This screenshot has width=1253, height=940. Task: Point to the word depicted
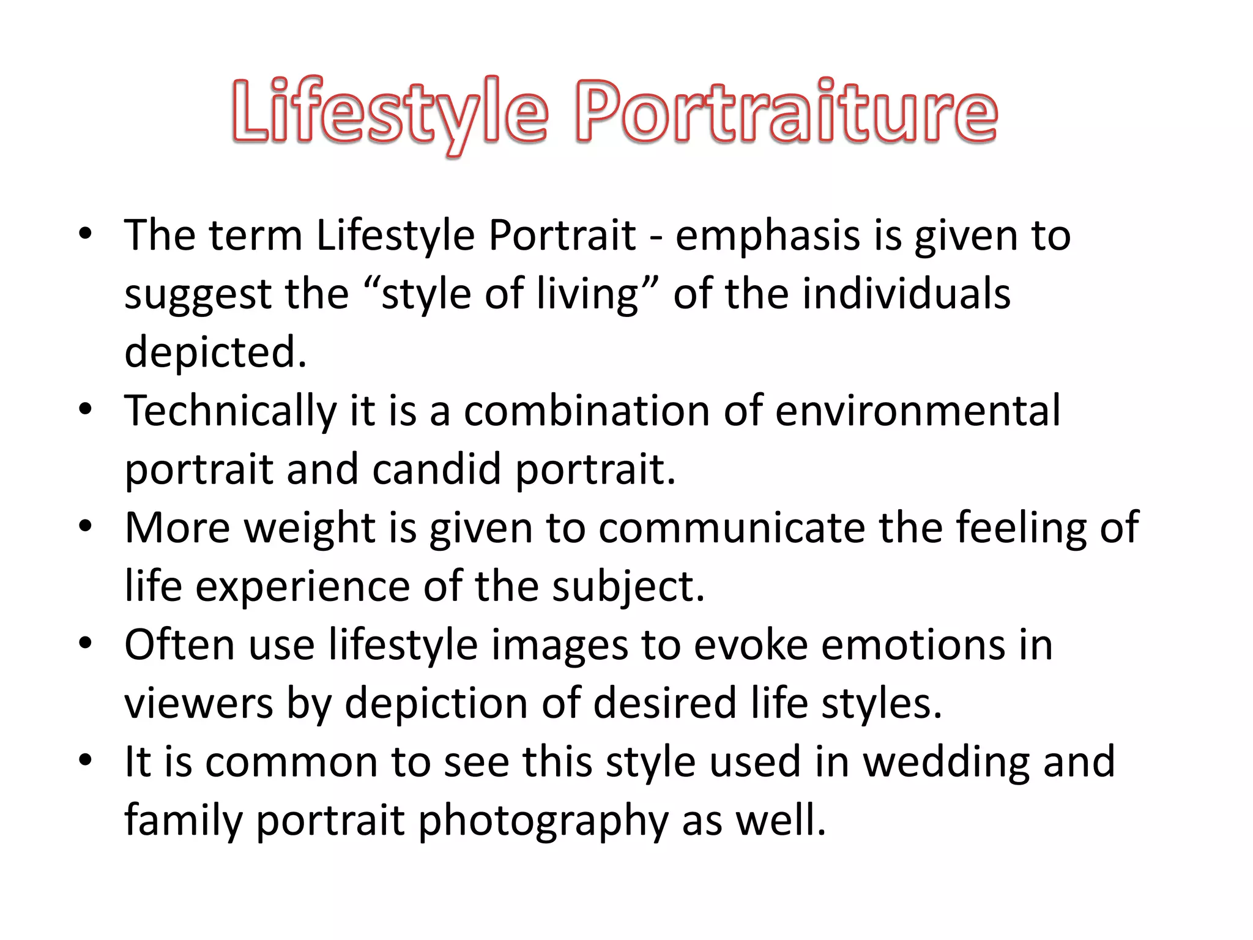215,352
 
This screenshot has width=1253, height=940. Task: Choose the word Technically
230,411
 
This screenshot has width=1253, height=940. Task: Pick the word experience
302,586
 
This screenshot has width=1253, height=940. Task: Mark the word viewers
198,703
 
